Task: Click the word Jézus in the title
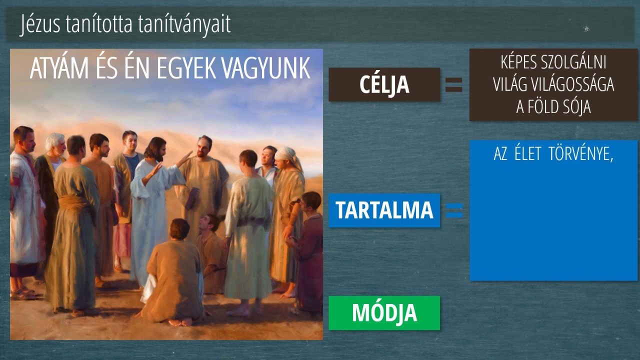[40, 24]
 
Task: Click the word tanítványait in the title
[184, 24]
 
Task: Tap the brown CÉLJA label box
[384, 84]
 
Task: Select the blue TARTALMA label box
[384, 210]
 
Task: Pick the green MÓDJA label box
[384, 313]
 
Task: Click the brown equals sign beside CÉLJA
[453, 84]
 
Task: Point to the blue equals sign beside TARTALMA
[454, 210]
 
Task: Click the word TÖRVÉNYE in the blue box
[581, 154]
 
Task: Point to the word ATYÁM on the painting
[59, 68]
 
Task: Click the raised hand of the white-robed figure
[184, 159]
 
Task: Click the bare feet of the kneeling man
[180, 322]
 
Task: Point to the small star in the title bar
[586, 28]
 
